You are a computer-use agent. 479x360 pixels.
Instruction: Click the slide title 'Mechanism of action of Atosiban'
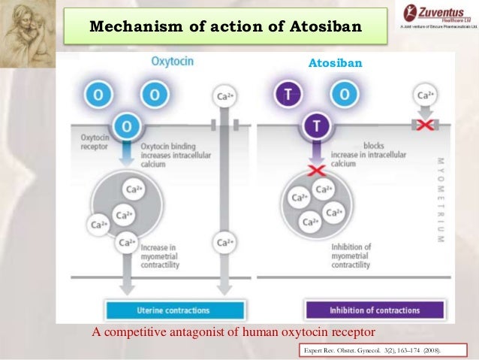(226, 27)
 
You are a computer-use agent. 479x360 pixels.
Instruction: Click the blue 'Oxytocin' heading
(172, 62)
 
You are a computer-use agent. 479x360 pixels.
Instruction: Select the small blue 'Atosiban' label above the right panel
(335, 65)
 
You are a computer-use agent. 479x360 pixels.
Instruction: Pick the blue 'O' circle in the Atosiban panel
(342, 95)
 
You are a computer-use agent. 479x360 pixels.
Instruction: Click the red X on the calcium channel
(425, 124)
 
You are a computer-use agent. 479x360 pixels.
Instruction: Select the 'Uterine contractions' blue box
(177, 310)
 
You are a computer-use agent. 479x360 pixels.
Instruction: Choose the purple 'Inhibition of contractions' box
(374, 310)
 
